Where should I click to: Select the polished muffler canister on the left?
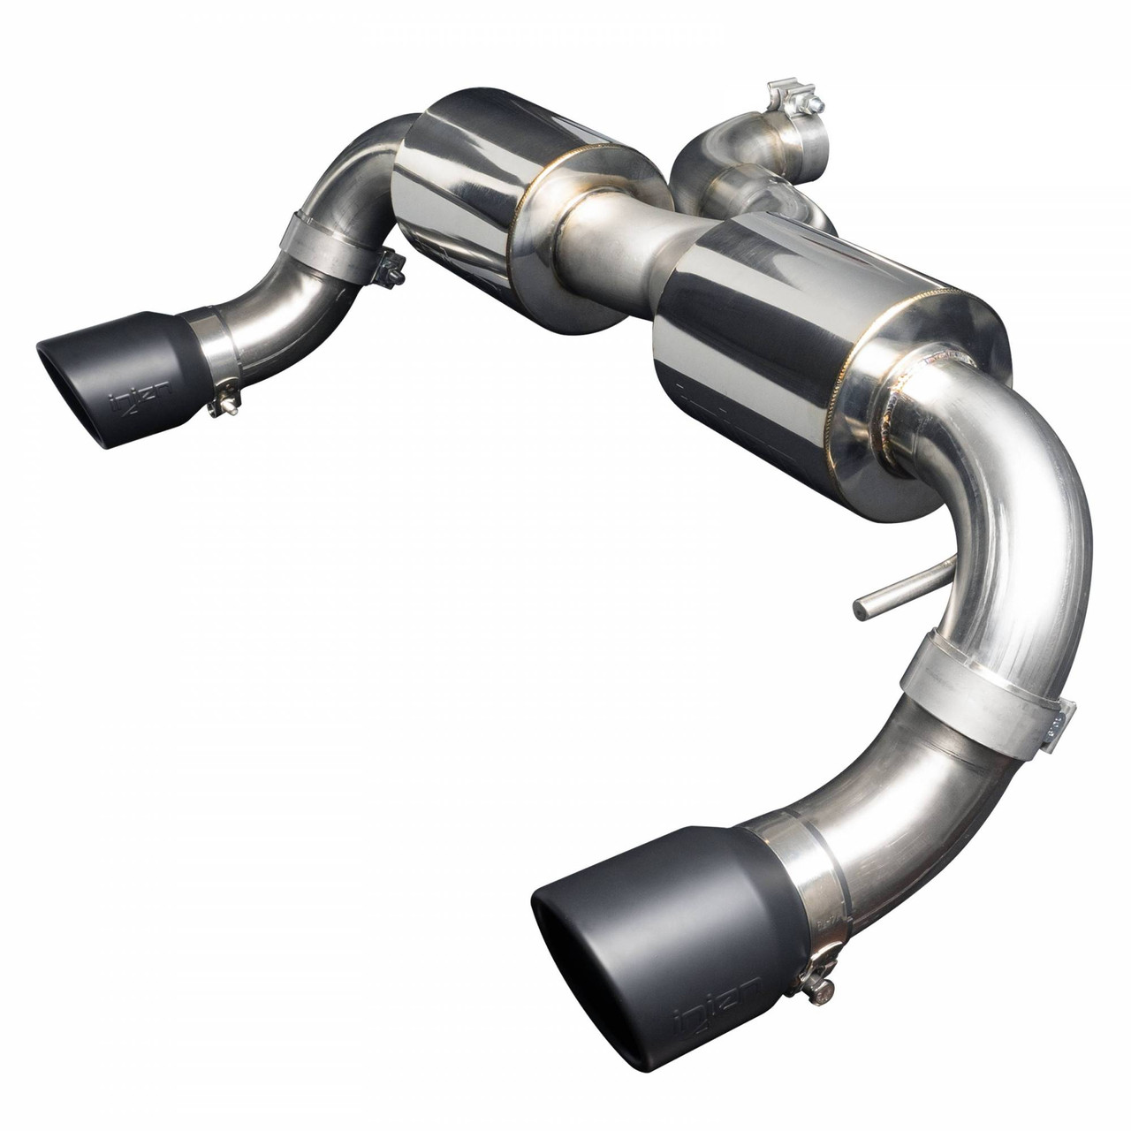coord(459,203)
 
